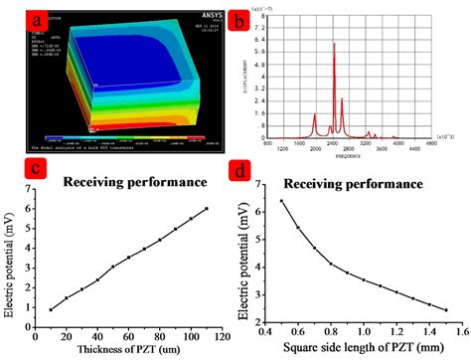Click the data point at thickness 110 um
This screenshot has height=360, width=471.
coord(206,209)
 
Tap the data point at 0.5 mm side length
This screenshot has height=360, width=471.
coord(282,201)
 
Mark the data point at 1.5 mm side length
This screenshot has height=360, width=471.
coord(446,309)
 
